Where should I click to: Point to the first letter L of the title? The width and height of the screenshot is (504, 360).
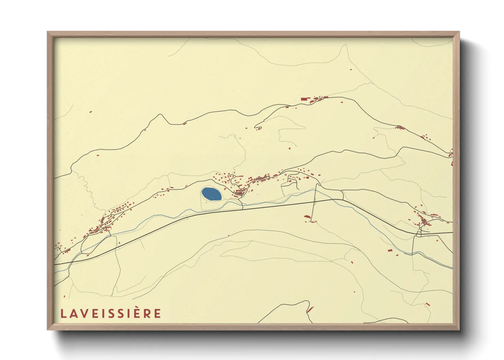63,313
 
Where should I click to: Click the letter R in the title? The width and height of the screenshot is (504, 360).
147,313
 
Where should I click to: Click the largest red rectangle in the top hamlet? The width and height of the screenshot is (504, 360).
304,99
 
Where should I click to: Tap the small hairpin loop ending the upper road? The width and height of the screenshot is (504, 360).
258,128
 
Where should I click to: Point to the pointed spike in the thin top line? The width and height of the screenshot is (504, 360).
344,45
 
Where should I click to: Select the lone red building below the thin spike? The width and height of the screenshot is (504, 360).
351,69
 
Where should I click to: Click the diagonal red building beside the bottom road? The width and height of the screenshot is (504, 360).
310,310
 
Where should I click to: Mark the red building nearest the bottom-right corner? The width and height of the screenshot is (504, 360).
428,304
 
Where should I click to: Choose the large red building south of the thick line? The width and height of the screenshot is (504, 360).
307,216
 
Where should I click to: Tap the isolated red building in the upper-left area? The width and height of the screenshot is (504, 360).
91,111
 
